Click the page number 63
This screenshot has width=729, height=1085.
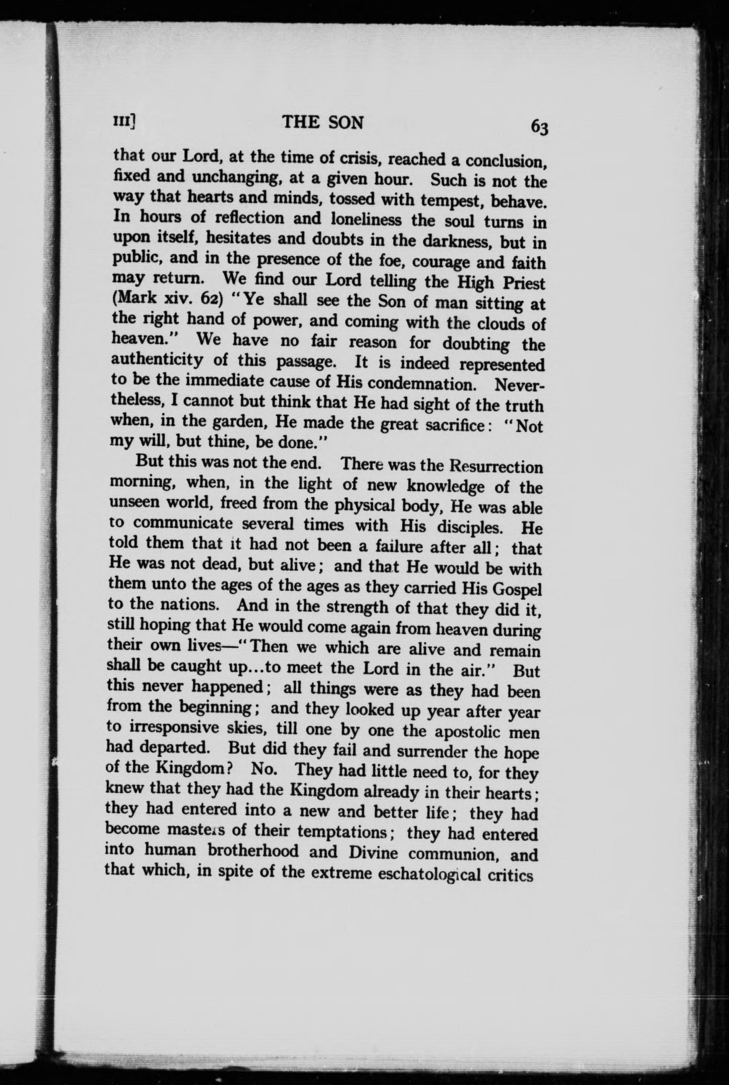click(540, 127)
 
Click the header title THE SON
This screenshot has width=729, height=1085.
click(323, 122)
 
